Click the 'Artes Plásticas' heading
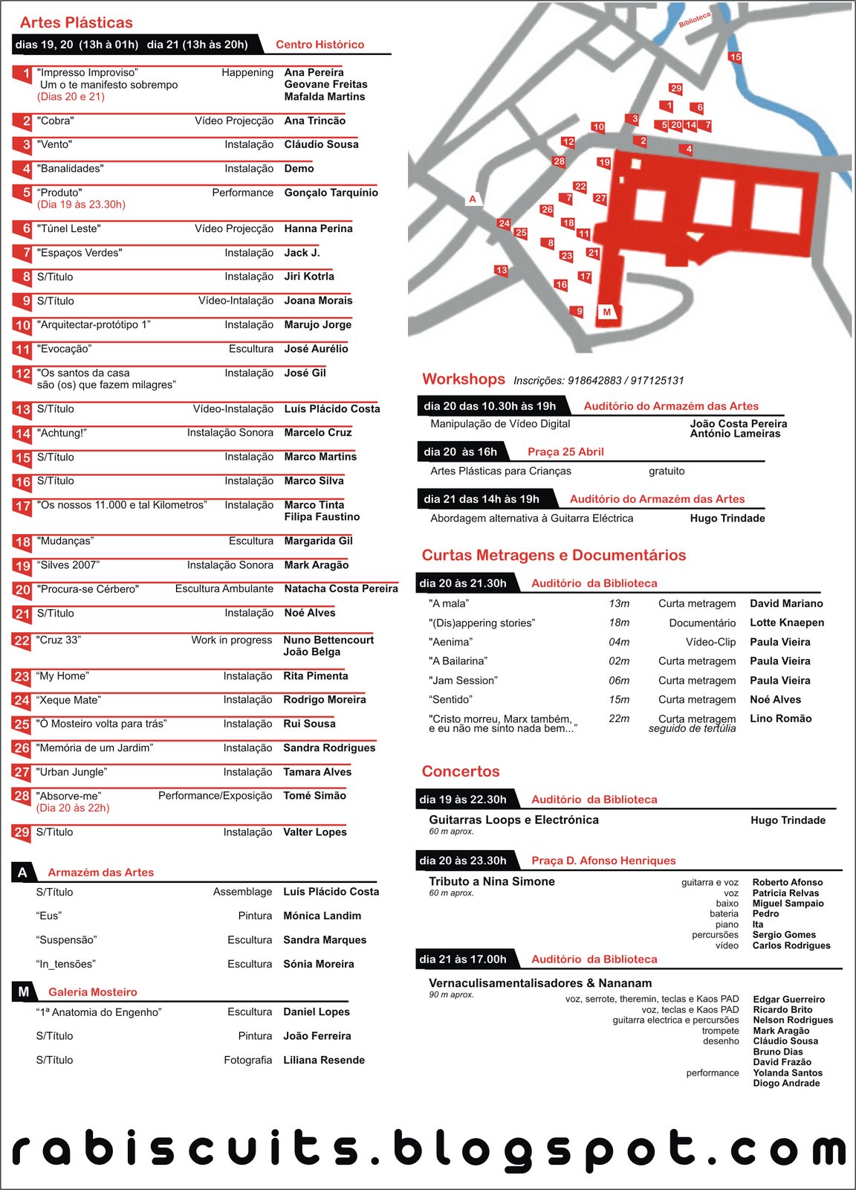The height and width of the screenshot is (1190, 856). [x=76, y=22]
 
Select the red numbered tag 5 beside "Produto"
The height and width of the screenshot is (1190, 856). [x=25, y=193]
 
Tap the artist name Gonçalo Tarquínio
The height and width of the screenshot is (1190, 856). [x=331, y=193]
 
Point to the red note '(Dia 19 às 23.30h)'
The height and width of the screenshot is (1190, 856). [x=81, y=205]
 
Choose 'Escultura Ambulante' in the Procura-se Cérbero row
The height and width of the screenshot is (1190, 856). [x=224, y=589]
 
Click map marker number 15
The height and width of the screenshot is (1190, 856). [x=735, y=57]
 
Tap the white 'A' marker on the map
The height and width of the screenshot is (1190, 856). [x=473, y=199]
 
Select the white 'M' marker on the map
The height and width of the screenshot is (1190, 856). [x=607, y=312]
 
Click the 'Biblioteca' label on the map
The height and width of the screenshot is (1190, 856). [x=695, y=20]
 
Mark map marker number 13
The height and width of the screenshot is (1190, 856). [x=502, y=271]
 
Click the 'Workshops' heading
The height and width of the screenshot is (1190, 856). [x=463, y=379]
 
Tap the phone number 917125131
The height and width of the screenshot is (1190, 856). [x=657, y=381]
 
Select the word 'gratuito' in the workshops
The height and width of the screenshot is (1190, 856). [x=667, y=471]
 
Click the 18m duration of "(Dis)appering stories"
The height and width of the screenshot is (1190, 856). [x=619, y=623]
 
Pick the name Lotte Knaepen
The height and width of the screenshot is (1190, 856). [x=786, y=623]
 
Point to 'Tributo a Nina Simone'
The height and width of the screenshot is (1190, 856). [x=491, y=881]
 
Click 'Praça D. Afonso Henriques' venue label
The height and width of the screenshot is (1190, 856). [x=603, y=861]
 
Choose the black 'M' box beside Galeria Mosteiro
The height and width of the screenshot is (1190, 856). [x=24, y=992]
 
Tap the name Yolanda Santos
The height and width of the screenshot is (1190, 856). [x=787, y=1072]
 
